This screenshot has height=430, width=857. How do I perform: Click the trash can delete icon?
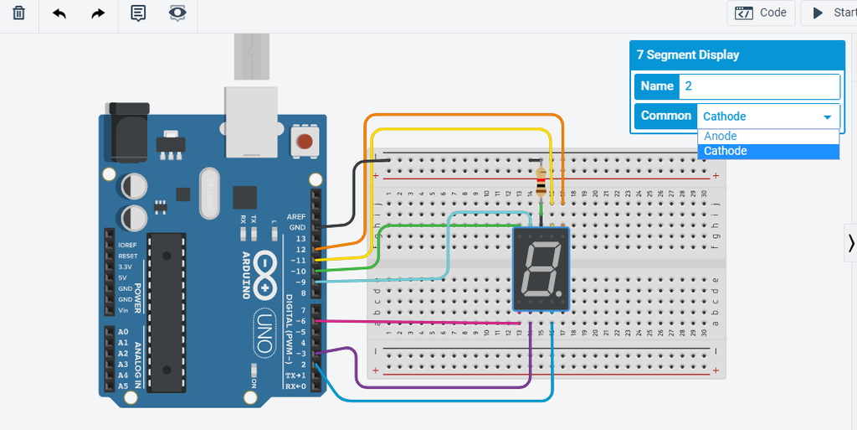click(x=18, y=13)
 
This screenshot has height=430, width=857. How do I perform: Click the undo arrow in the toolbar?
click(x=59, y=13)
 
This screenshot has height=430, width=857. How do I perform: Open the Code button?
click(x=761, y=13)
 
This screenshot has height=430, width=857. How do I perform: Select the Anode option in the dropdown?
click(x=721, y=136)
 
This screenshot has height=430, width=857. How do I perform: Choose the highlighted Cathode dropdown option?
click(x=726, y=151)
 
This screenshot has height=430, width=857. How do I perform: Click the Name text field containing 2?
click(x=758, y=86)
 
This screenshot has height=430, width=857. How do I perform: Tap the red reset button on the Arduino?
click(x=305, y=141)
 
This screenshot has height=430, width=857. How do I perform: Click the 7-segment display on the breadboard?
click(x=541, y=269)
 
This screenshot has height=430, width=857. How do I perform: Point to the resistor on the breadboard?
click(x=541, y=179)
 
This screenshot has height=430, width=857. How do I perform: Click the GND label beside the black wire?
click(x=296, y=227)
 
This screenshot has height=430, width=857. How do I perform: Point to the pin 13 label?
click(x=300, y=239)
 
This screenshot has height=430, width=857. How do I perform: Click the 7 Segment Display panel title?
click(x=688, y=55)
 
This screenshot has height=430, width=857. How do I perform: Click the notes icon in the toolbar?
click(x=138, y=13)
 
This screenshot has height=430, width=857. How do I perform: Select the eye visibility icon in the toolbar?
click(x=177, y=13)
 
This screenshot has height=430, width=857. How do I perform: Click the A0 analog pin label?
click(x=123, y=332)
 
